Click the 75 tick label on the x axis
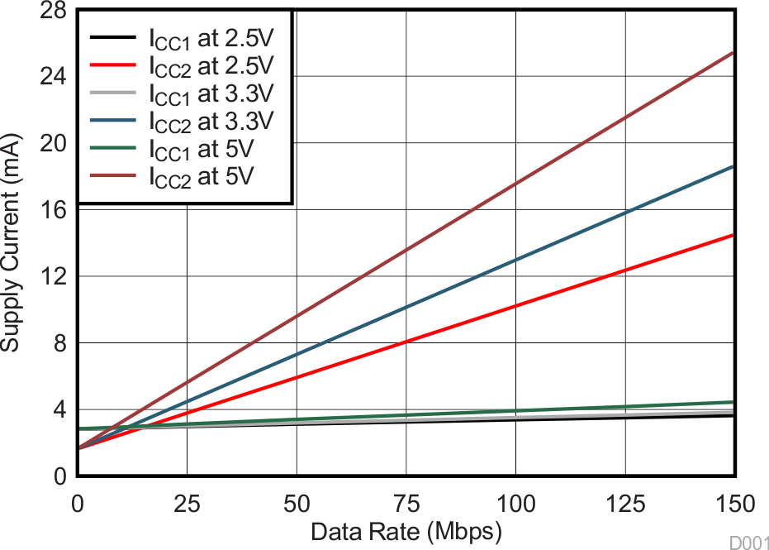[x=406, y=504]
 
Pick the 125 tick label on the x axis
[x=625, y=504]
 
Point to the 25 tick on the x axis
[x=187, y=504]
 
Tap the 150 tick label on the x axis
[x=734, y=504]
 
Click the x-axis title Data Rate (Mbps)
[x=406, y=532]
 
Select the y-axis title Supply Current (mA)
[x=11, y=242]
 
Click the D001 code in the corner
[x=748, y=542]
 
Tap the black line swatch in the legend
[x=112, y=38]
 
